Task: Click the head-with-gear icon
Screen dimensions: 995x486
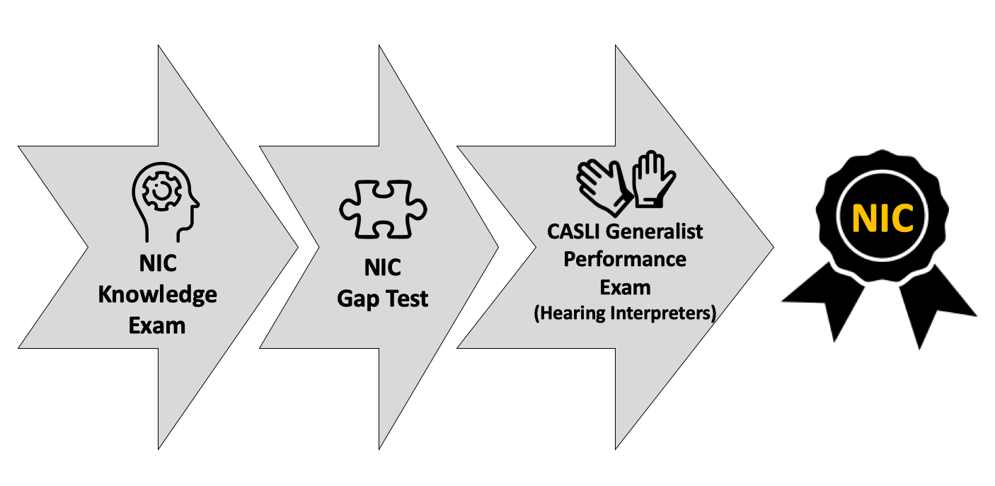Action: (165, 202)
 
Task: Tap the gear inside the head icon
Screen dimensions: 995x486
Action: (161, 191)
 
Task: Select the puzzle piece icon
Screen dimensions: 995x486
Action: (383, 209)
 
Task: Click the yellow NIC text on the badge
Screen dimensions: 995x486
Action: (882, 218)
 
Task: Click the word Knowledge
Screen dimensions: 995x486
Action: (158, 295)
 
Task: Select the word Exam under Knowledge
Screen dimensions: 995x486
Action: (157, 326)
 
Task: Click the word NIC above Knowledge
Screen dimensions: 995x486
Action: (158, 263)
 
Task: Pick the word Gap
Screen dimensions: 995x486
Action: (357, 299)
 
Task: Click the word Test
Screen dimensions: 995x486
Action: (407, 299)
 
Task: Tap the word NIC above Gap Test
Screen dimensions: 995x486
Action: (382, 267)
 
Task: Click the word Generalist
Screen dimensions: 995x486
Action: (655, 231)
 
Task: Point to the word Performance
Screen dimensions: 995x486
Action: (625, 260)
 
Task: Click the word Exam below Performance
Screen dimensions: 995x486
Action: (625, 288)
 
